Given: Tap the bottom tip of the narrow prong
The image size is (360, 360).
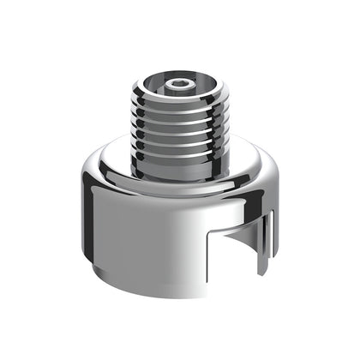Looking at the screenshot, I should tap(268, 273).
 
